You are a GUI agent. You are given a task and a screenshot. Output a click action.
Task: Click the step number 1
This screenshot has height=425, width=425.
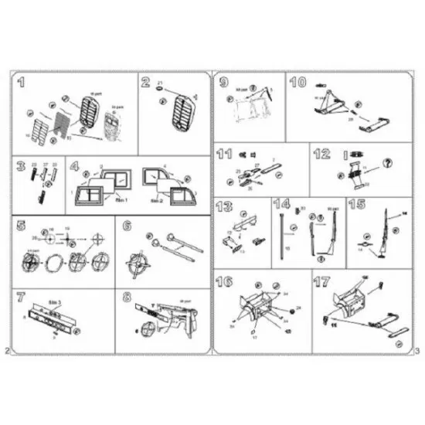[x=22, y=82]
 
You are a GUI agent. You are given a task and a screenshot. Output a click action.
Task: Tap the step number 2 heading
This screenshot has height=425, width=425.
[x=145, y=82]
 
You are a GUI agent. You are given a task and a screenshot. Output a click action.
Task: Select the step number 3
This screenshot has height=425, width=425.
[x=22, y=166]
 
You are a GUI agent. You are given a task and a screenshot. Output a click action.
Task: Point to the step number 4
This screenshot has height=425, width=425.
[x=75, y=166]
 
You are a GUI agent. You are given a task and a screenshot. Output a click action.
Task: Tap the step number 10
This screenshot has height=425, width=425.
[x=298, y=83]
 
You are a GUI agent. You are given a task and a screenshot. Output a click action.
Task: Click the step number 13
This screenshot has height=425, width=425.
[x=225, y=206]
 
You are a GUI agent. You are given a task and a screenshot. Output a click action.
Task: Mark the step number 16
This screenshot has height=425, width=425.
[x=226, y=280]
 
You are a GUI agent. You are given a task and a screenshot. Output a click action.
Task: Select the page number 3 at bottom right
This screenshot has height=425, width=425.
[x=416, y=352]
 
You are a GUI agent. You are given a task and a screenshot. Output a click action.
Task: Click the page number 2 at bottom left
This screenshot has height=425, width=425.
[x=7, y=352]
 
